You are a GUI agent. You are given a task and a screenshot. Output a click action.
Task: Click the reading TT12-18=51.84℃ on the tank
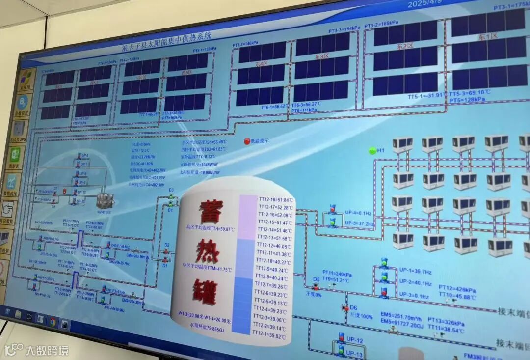pyautogui.click(x=276, y=200)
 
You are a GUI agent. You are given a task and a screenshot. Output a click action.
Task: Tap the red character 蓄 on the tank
pyautogui.click(x=211, y=211)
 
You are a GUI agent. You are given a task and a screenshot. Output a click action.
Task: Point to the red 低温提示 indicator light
pyautogui.click(x=247, y=141)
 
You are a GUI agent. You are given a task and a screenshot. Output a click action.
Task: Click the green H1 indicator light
pyautogui.click(x=372, y=151)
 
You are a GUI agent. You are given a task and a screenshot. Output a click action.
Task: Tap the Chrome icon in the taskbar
pyautogui.click(x=53, y=322)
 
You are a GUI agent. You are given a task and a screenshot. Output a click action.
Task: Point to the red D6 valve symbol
pyautogui.click(x=345, y=308)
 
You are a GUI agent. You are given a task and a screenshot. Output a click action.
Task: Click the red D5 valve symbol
pyautogui.click(x=316, y=286)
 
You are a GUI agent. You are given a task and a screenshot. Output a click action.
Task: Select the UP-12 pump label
pyautogui.click(x=354, y=340)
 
